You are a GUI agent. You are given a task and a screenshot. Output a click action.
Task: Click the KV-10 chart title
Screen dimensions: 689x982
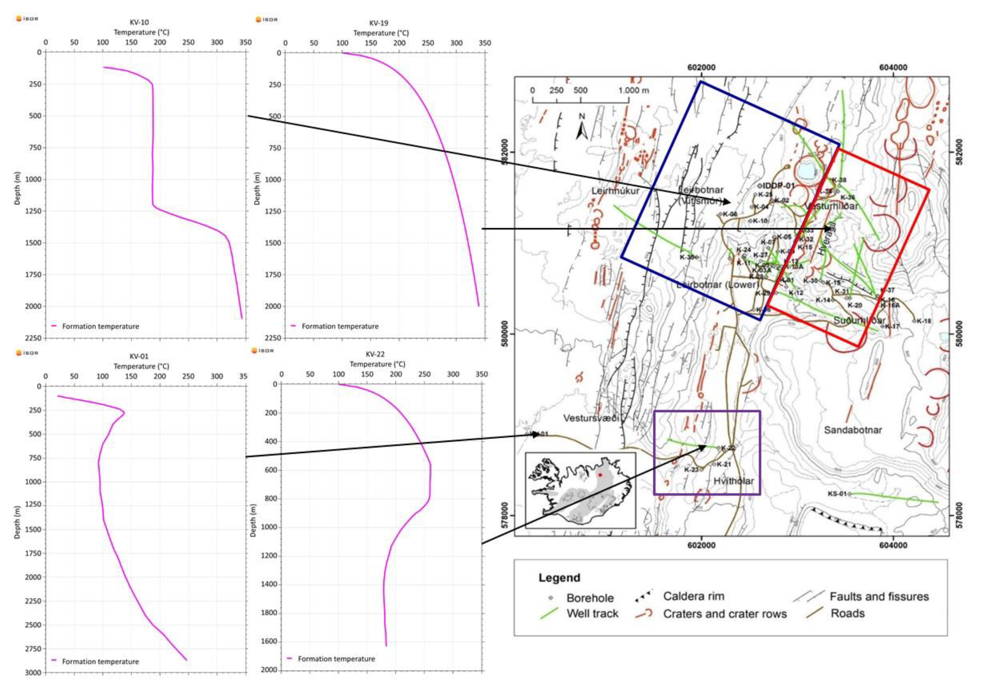point(139,22)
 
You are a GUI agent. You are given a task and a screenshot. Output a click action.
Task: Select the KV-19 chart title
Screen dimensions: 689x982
point(379,23)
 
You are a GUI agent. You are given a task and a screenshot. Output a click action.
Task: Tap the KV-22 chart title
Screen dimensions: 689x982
point(375,354)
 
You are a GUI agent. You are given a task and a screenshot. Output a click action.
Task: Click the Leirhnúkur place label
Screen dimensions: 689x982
point(615,191)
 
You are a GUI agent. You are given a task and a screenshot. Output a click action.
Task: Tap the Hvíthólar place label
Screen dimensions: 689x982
point(733,481)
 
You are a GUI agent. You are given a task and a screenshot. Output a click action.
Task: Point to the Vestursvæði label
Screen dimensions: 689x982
point(591,418)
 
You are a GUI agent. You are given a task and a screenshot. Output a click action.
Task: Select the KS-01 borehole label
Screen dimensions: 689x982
point(837,494)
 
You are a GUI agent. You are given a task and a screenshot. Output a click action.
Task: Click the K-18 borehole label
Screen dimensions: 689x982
point(924,321)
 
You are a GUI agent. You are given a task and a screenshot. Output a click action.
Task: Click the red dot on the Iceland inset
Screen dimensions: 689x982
point(600,475)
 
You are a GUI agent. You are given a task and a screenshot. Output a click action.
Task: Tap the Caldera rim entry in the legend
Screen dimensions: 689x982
point(693,596)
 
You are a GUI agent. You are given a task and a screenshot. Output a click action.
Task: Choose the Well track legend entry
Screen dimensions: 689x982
point(592,614)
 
